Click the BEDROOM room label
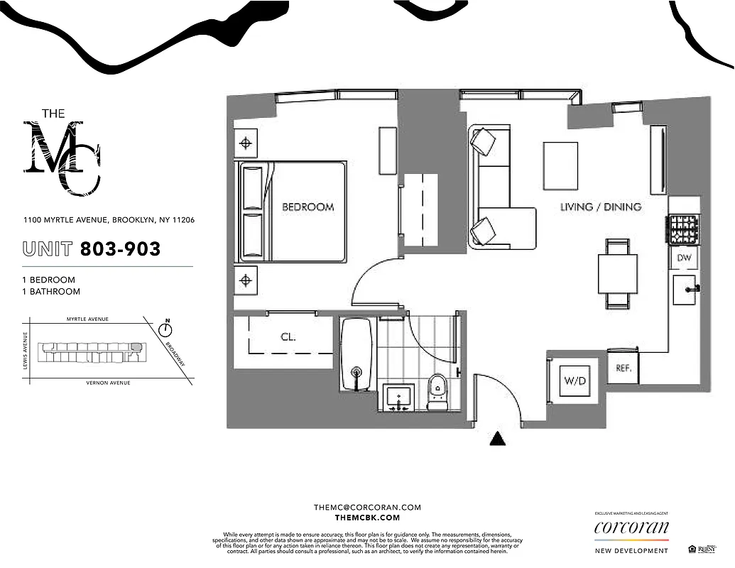click(307, 207)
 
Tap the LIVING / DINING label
click(601, 207)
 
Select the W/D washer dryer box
click(575, 381)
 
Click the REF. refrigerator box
click(624, 369)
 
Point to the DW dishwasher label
click(684, 258)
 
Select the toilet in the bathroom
click(437, 392)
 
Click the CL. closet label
click(288, 338)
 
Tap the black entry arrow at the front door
click(499, 439)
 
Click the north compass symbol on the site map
click(167, 329)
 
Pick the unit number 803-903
click(120, 248)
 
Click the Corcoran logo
click(631, 528)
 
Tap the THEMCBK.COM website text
click(367, 518)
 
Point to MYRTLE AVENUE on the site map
click(87, 319)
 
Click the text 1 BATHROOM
click(51, 292)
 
